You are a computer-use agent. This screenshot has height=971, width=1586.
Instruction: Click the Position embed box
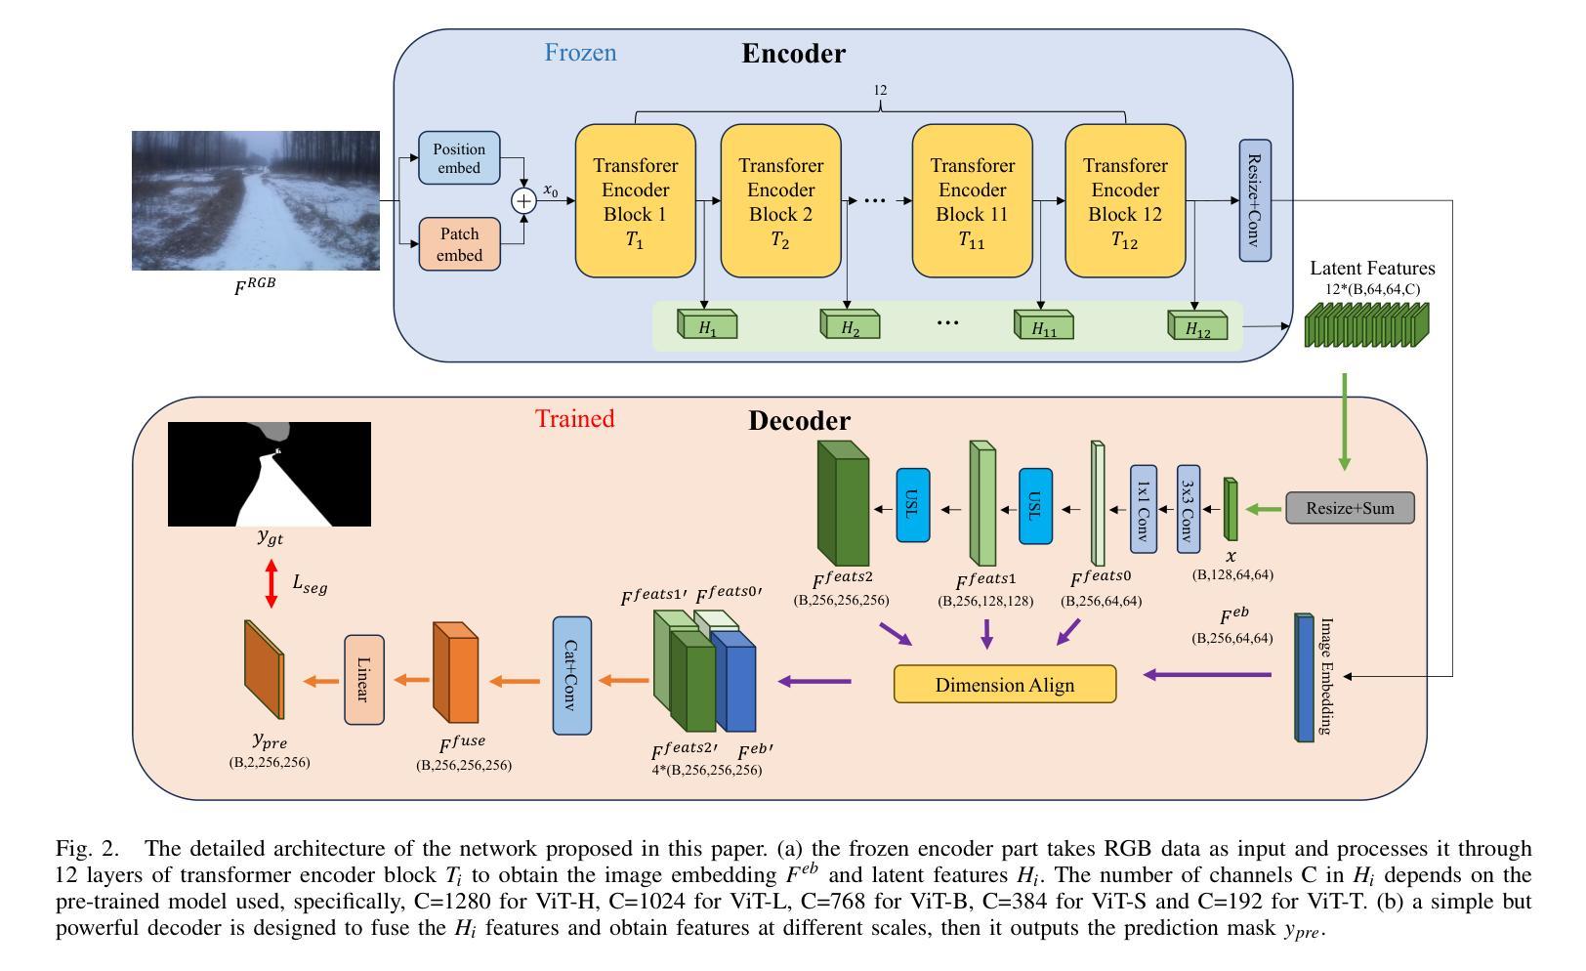coord(459,158)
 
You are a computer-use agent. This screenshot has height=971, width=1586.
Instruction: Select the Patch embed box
coord(460,244)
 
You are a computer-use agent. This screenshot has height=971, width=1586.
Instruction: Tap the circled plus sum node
coord(523,201)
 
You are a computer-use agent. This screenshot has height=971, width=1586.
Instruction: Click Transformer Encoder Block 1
coord(635,201)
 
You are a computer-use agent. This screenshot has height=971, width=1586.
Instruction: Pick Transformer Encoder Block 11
coord(972,201)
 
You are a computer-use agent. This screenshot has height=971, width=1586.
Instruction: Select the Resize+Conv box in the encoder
coord(1255,200)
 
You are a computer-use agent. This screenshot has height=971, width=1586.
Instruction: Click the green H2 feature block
coord(850,324)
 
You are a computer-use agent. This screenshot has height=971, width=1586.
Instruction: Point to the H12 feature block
coord(1197,325)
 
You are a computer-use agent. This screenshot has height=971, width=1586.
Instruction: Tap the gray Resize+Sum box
coord(1350,508)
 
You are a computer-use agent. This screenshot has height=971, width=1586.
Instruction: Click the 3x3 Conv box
coord(1189,509)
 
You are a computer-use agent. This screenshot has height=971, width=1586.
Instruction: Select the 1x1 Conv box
coord(1144,509)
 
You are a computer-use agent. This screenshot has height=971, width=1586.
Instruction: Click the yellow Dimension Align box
coord(1005,684)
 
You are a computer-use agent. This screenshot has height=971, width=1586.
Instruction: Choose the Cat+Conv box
coord(572,675)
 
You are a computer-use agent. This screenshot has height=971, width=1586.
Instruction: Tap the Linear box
coord(364,680)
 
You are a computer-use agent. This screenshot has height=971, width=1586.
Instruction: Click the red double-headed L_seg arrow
coord(271,583)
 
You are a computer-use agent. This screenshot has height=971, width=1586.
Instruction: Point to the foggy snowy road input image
coord(256,200)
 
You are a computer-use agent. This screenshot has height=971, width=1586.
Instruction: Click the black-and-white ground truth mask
coord(270,474)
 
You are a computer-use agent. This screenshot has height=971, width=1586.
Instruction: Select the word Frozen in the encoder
coord(580,53)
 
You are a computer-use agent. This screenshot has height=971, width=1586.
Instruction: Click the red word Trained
coord(574,418)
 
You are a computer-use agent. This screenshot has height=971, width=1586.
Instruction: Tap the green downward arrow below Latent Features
coord(1345,422)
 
